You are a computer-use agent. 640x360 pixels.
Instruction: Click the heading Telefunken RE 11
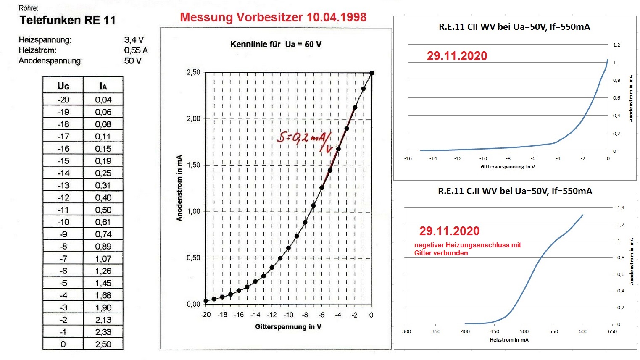click(67, 20)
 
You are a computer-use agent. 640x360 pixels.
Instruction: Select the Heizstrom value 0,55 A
click(136, 50)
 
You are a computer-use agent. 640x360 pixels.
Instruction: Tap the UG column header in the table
click(63, 86)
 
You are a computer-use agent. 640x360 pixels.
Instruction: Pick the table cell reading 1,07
click(103, 259)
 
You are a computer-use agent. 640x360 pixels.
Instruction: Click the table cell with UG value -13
click(63, 185)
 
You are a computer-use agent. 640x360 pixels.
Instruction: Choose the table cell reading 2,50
click(103, 344)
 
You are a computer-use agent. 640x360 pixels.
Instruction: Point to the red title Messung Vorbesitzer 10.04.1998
click(273, 17)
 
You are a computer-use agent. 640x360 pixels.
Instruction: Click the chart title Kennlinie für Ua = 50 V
click(276, 44)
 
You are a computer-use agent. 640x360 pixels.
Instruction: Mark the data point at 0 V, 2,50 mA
click(371, 73)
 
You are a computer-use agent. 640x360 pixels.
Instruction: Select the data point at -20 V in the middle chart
click(205, 301)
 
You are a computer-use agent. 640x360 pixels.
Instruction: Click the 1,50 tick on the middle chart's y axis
click(193, 165)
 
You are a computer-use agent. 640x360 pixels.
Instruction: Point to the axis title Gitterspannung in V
click(288, 327)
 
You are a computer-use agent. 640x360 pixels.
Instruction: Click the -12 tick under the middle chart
click(272, 315)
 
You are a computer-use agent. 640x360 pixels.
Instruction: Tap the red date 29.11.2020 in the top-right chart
click(457, 56)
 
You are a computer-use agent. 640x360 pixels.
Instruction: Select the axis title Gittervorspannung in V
click(508, 167)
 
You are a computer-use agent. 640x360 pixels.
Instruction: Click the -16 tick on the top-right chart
click(408, 158)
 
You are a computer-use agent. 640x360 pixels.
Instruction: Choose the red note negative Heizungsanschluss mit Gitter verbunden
click(467, 249)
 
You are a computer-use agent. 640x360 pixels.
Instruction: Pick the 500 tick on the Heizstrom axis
click(524, 331)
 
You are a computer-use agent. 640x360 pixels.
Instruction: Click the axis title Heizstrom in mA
click(509, 340)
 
